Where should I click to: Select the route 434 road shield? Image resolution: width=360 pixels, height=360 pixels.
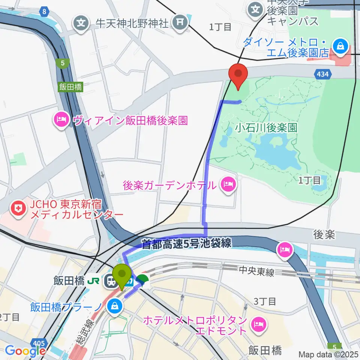tap(323, 75)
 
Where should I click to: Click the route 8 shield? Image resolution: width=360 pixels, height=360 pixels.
tap(45, 12)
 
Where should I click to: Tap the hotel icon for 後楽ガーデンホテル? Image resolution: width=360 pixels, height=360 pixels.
tap(228, 184)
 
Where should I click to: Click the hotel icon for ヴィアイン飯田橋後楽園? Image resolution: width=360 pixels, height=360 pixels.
tap(61, 120)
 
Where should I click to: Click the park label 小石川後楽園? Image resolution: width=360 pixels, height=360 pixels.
tap(266, 127)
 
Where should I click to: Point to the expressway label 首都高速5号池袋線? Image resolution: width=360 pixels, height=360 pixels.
tap(186, 243)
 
